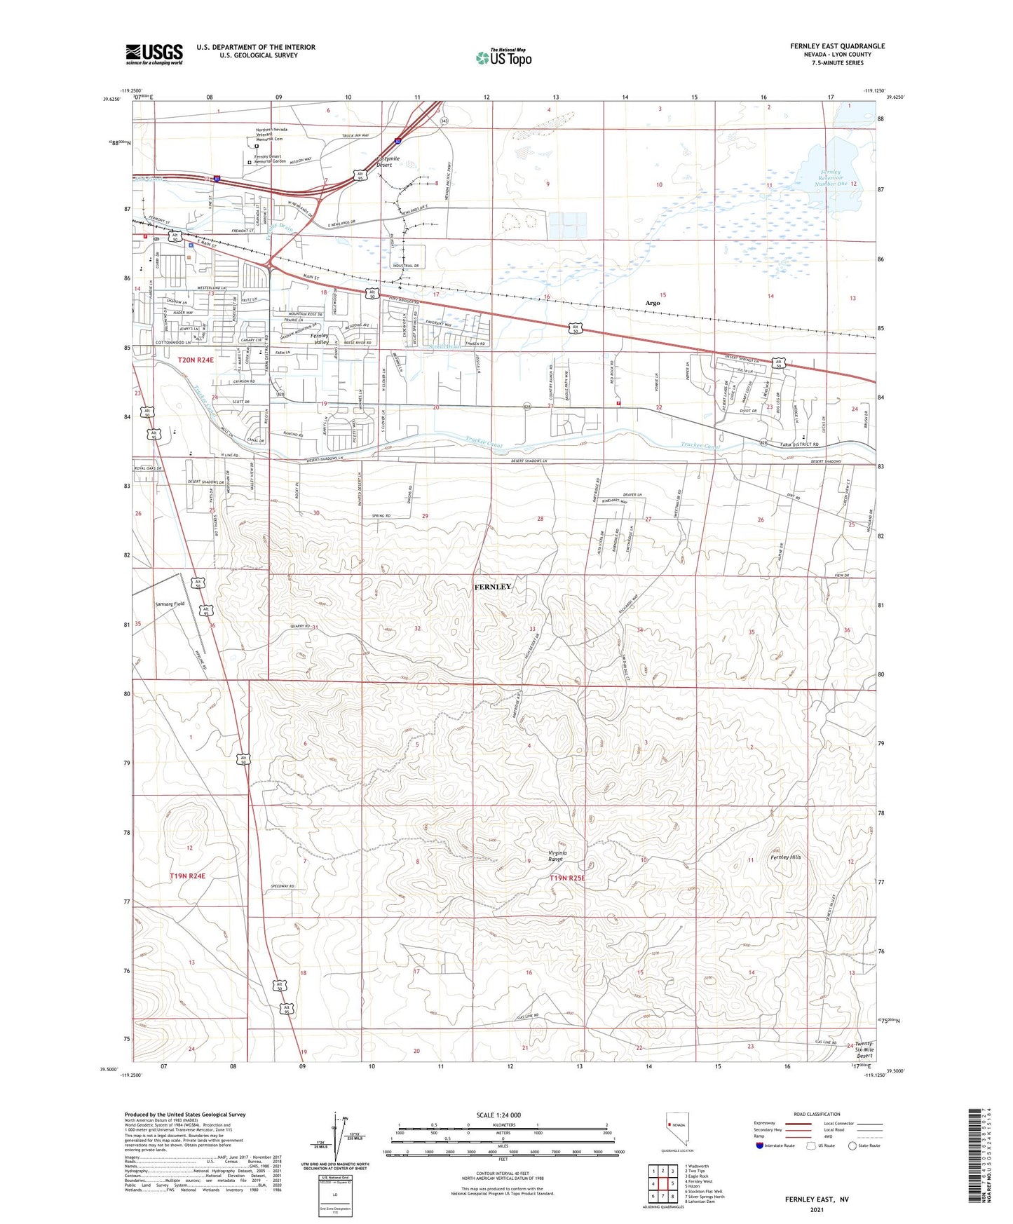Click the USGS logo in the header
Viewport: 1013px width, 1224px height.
tap(154, 54)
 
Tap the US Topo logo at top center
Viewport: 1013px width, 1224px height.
tap(503, 57)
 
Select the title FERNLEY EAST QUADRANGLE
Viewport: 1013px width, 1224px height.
tap(837, 46)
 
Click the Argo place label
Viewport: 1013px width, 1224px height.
tap(653, 303)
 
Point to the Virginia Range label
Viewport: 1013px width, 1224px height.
tap(556, 856)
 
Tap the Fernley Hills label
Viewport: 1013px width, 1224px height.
tap(785, 857)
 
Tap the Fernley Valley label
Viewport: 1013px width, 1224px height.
tap(320, 339)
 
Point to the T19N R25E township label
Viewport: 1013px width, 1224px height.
tap(567, 878)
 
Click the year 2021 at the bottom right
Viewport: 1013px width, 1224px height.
tap(816, 1210)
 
